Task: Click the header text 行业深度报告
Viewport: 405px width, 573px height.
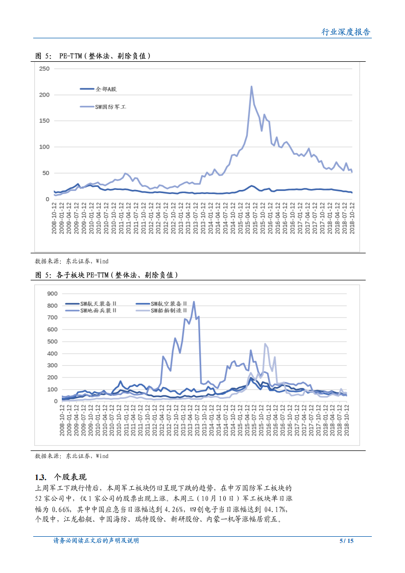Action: pos(346,32)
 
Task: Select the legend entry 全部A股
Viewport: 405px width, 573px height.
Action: pos(106,89)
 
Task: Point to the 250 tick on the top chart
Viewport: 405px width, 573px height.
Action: pos(44,68)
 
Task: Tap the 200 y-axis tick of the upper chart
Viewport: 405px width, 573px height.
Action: pos(44,95)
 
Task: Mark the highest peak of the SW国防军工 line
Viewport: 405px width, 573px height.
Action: pos(251,86)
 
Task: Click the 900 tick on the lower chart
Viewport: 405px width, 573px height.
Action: pos(53,294)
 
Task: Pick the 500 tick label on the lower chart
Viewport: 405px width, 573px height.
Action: pos(53,342)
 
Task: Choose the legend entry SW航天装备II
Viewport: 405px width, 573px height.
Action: pos(102,303)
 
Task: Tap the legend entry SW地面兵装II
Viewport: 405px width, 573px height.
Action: pos(102,310)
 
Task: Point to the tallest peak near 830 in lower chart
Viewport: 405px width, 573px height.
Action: pos(194,302)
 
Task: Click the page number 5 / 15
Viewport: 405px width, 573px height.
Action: pos(346,541)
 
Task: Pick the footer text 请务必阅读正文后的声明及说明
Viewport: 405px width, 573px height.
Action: pos(96,541)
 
